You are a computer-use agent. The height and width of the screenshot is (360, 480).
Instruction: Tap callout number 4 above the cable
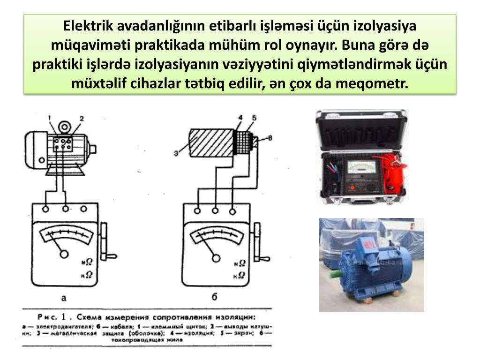[240, 118]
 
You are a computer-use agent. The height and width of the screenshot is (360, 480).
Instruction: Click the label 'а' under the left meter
[65, 296]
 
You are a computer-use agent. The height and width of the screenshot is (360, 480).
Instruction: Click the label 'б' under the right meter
[214, 296]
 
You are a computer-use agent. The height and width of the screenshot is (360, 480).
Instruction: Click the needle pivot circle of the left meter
[64, 254]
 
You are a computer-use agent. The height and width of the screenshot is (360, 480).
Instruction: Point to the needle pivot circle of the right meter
[216, 257]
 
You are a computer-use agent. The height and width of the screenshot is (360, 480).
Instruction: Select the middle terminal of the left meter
[66, 209]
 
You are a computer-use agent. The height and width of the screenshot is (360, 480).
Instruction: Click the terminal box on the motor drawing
[62, 143]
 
